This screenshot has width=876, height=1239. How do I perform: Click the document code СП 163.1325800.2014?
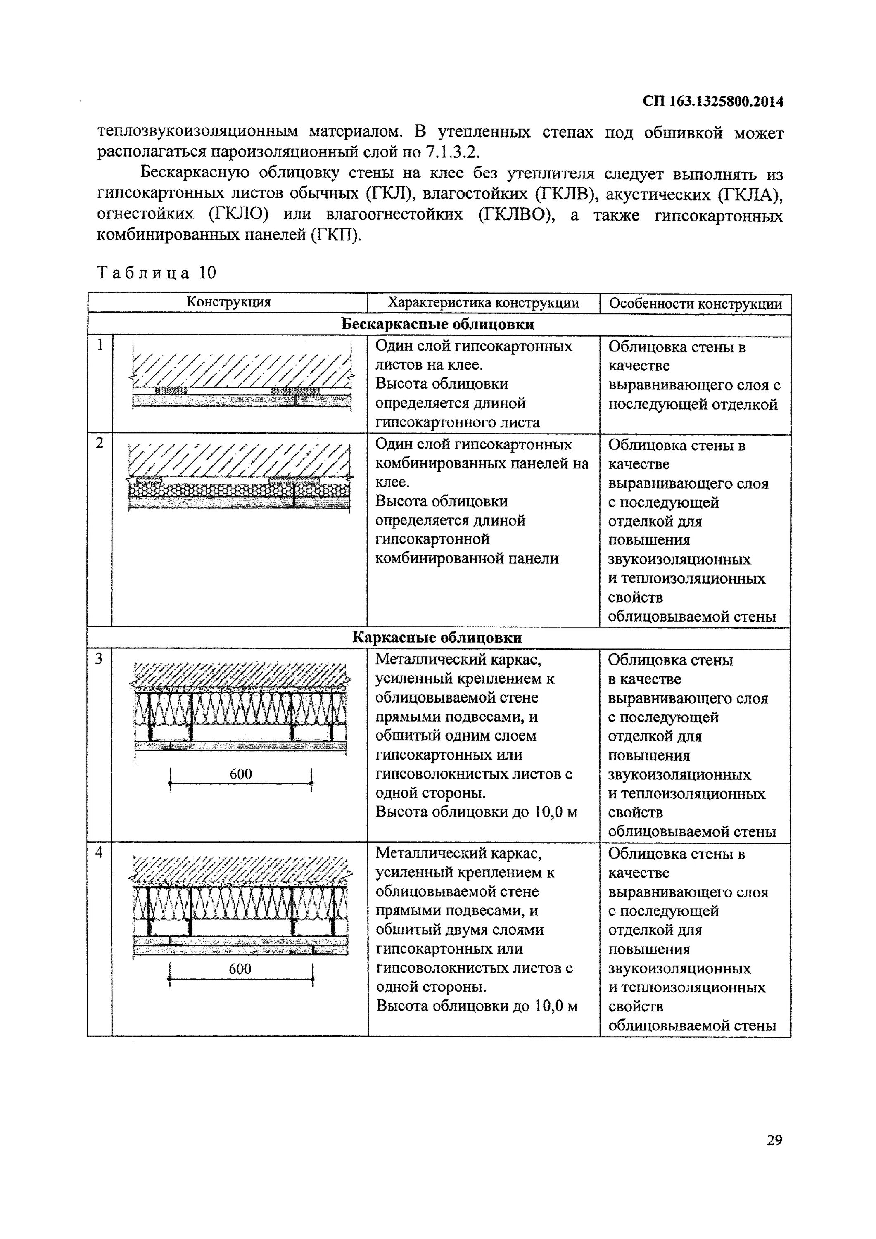(712, 102)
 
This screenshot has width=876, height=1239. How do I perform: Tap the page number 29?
(774, 1140)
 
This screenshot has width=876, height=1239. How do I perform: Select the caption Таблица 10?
(157, 273)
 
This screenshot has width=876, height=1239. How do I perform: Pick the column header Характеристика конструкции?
(483, 303)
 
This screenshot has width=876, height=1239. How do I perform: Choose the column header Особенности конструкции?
(695, 304)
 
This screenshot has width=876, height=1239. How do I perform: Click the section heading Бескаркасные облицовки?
(438, 324)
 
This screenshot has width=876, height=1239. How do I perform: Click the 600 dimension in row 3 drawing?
(241, 774)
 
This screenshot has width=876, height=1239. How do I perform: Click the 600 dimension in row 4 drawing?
(240, 968)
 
